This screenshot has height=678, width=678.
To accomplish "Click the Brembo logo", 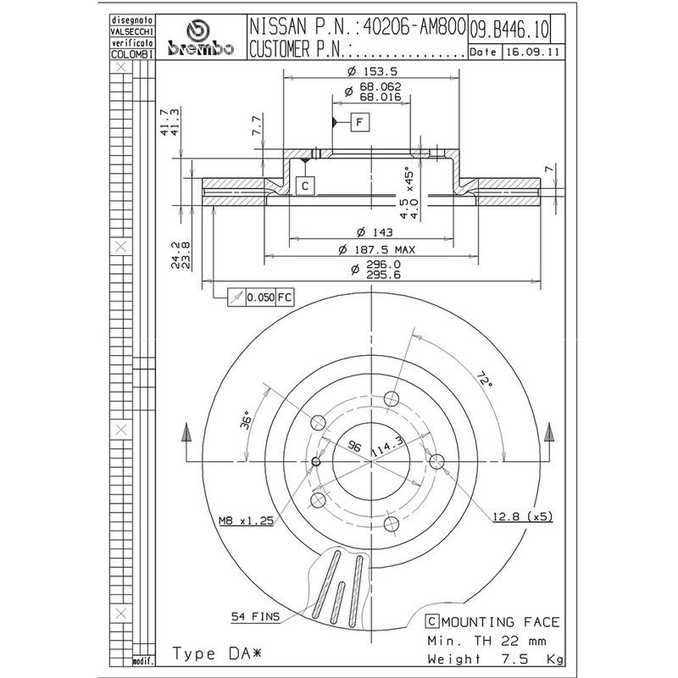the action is [x=201, y=38].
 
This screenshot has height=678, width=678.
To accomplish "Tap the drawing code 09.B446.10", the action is [x=509, y=30].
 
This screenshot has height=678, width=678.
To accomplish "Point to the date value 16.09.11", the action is [x=533, y=52].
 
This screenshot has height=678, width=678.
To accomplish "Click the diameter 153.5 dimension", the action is [x=372, y=71].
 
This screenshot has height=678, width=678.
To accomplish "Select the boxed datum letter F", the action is [x=359, y=122].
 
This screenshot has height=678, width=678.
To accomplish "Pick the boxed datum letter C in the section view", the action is [x=305, y=186].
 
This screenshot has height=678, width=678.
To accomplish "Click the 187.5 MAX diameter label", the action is [x=376, y=250].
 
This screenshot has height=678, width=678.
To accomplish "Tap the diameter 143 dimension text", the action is [x=375, y=232].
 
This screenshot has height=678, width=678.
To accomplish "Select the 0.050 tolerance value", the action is [x=261, y=297].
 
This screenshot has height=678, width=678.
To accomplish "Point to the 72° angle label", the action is [x=485, y=379].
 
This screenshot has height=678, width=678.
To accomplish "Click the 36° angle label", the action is [x=245, y=420].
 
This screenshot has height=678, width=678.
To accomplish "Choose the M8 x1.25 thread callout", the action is [x=246, y=520].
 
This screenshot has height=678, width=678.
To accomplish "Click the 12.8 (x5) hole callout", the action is [x=523, y=516].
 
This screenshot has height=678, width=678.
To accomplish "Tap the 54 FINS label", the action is [x=255, y=617].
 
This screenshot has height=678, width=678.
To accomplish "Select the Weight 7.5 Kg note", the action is [x=496, y=659].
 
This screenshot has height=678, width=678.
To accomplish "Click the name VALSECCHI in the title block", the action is [x=132, y=31].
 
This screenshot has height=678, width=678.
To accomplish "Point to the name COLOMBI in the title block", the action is [x=132, y=54].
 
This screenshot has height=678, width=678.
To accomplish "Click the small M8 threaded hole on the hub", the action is [x=316, y=462].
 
